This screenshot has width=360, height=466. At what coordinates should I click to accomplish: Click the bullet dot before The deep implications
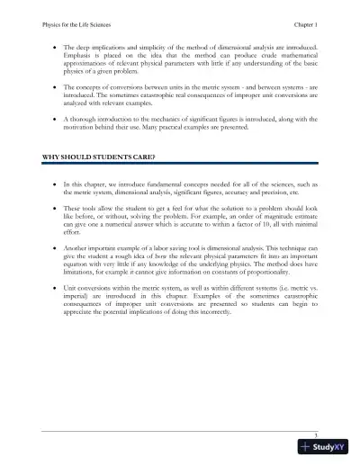(x=58, y=42)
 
